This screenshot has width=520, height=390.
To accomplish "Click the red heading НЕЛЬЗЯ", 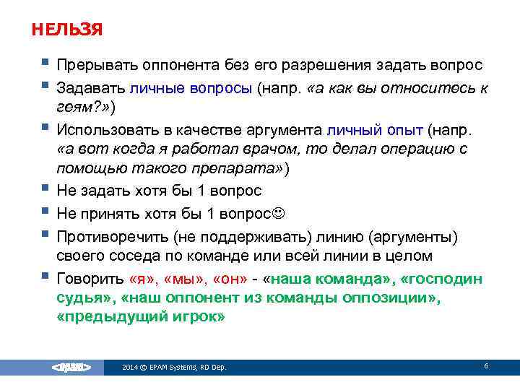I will point(67,30).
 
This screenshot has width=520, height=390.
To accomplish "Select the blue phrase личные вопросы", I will point(190,88).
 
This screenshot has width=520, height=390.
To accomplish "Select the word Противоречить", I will point(110,237).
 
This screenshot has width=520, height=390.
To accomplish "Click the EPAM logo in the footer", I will point(71,368).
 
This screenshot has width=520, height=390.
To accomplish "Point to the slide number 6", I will point(486,366).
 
